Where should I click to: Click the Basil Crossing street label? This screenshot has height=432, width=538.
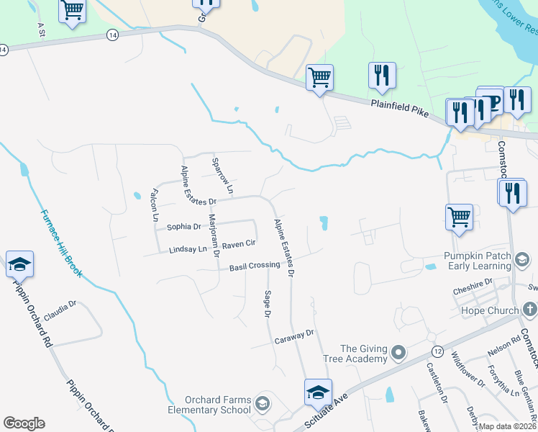click(254, 266)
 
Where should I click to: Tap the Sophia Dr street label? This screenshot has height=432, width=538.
click(183, 227)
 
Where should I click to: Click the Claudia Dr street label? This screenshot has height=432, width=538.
click(60, 310)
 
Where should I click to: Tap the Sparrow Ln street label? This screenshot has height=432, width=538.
click(223, 174)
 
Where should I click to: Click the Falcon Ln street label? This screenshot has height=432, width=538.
click(153, 204)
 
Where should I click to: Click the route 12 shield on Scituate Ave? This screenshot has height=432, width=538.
click(437, 350)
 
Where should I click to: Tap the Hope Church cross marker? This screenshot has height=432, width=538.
click(529, 310)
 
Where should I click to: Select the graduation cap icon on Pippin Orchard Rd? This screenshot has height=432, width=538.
click(19, 265)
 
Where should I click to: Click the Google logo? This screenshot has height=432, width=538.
click(24, 423)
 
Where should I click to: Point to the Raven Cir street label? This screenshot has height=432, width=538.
click(239, 245)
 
